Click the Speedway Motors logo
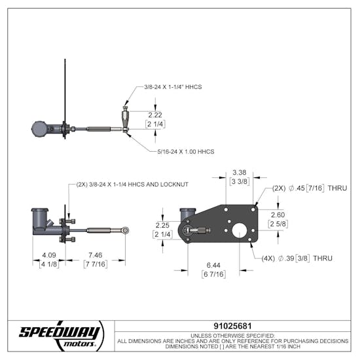click(60, 334)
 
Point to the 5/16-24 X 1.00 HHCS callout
click(186, 151)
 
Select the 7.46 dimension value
click(96, 255)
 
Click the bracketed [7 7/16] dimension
click(96, 264)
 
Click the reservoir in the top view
click(39, 128)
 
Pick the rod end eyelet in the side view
click(125, 230)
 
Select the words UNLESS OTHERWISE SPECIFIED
click(237, 334)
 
